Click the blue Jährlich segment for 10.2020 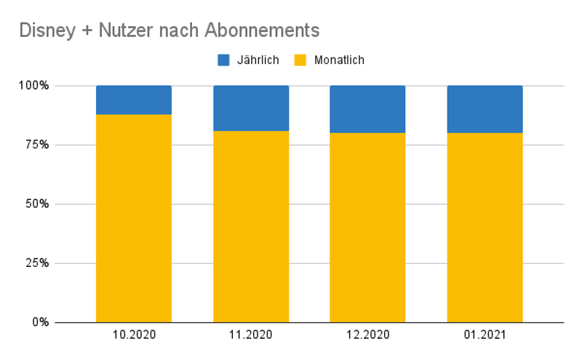[x=134, y=100]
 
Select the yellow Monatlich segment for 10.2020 [x=134, y=218]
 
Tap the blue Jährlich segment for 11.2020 [x=250, y=108]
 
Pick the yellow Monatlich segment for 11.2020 [x=250, y=226]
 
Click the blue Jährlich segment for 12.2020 [x=367, y=109]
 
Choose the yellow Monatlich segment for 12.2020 [x=367, y=227]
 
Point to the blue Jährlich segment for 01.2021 [x=485, y=109]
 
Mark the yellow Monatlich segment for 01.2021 [x=485, y=227]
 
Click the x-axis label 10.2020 [x=134, y=335]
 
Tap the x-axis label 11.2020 [x=250, y=335]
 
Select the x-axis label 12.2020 [x=367, y=335]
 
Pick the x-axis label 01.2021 [x=485, y=335]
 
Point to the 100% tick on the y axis [x=33, y=86]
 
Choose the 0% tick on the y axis [x=39, y=322]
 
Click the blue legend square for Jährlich [x=224, y=60]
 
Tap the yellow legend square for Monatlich [x=300, y=60]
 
